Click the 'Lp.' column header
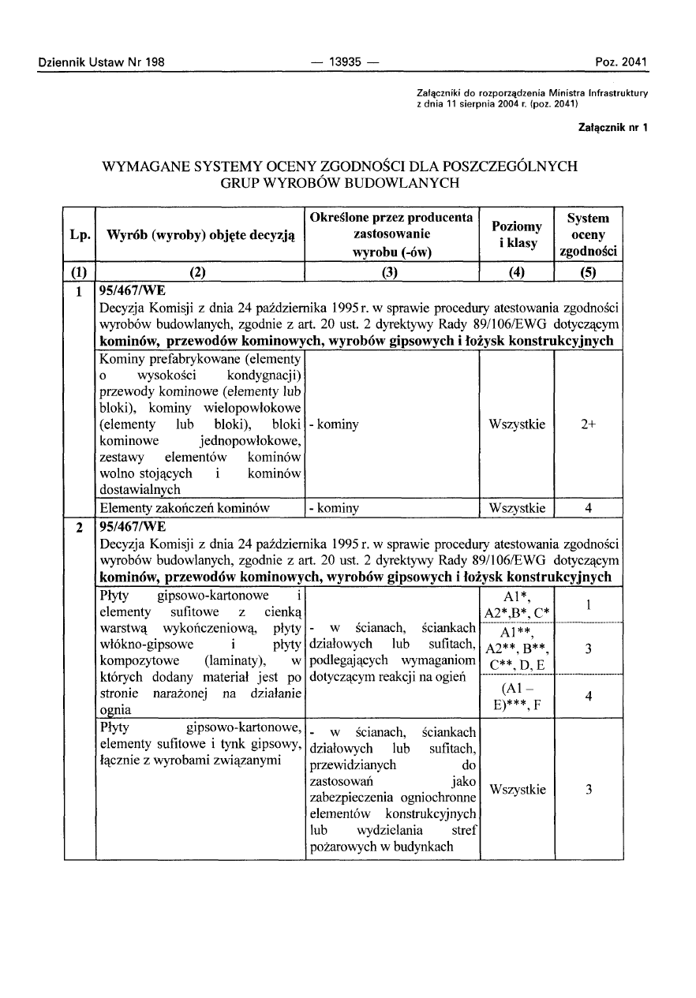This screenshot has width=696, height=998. (79, 234)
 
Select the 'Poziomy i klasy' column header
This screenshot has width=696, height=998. (517, 234)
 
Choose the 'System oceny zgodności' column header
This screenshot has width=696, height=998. (589, 234)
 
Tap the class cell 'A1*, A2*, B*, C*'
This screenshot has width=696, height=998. (517, 605)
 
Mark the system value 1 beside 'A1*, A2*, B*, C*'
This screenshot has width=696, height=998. (589, 605)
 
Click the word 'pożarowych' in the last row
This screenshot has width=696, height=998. (339, 847)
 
